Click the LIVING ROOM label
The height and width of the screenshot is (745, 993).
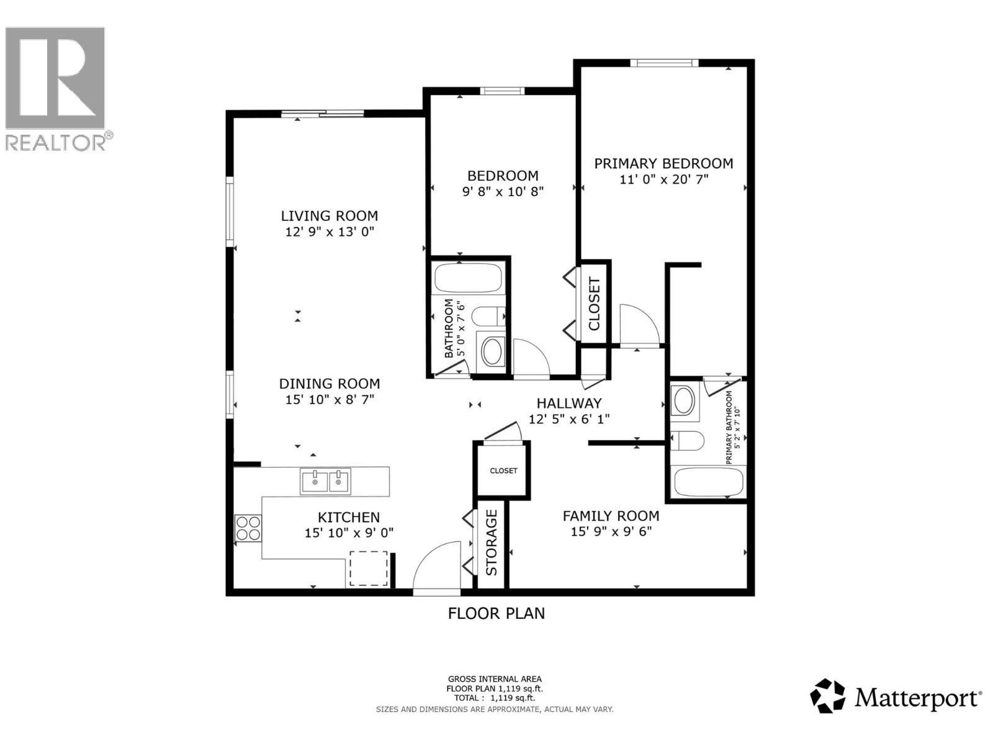[x=329, y=216]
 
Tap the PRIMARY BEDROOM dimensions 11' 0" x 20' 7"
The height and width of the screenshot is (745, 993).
[x=663, y=179]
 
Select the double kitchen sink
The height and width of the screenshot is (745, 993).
[x=325, y=481]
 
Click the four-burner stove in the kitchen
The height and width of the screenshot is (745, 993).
[x=248, y=528]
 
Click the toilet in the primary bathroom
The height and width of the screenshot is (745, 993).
[x=688, y=441]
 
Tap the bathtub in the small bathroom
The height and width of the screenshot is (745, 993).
[x=468, y=278]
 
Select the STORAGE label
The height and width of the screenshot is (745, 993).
[x=492, y=542]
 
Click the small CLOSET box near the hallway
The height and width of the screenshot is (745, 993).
[x=503, y=471]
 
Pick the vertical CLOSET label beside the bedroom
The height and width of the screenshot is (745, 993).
[x=594, y=304]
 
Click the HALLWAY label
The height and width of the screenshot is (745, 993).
[x=568, y=404]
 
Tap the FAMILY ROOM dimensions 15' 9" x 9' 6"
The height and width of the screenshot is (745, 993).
[x=611, y=531]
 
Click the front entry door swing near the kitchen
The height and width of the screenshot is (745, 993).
[x=437, y=567]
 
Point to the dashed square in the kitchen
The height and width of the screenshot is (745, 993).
[x=369, y=568]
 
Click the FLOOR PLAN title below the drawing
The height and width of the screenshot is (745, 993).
[x=496, y=613]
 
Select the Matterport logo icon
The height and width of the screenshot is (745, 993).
[x=828, y=696]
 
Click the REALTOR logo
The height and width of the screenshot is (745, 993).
[x=56, y=87]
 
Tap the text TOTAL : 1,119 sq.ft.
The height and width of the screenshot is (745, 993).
[x=494, y=698]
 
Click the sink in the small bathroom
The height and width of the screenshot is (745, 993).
[x=493, y=351]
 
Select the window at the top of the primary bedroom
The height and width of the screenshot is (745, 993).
[x=664, y=63]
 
